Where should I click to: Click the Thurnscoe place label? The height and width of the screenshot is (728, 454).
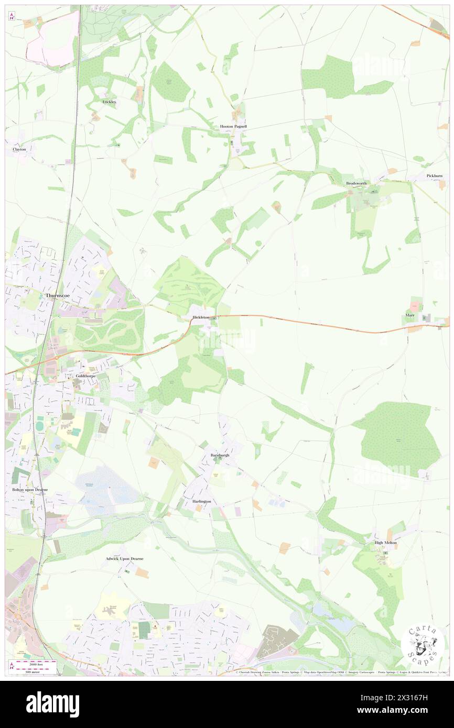57,295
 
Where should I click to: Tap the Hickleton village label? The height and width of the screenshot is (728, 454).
200,317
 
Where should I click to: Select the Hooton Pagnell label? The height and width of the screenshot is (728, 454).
233,127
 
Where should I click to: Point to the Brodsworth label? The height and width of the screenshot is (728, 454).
356,183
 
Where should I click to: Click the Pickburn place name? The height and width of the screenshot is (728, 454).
435,176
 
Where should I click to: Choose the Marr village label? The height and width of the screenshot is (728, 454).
409,315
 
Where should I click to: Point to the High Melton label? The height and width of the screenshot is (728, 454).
385,543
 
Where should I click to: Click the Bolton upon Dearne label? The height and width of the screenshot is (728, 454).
30,490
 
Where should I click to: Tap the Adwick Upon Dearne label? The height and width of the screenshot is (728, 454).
124,559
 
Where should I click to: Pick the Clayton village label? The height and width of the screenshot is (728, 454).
19,149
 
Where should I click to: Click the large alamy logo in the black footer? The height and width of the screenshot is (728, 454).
53,704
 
